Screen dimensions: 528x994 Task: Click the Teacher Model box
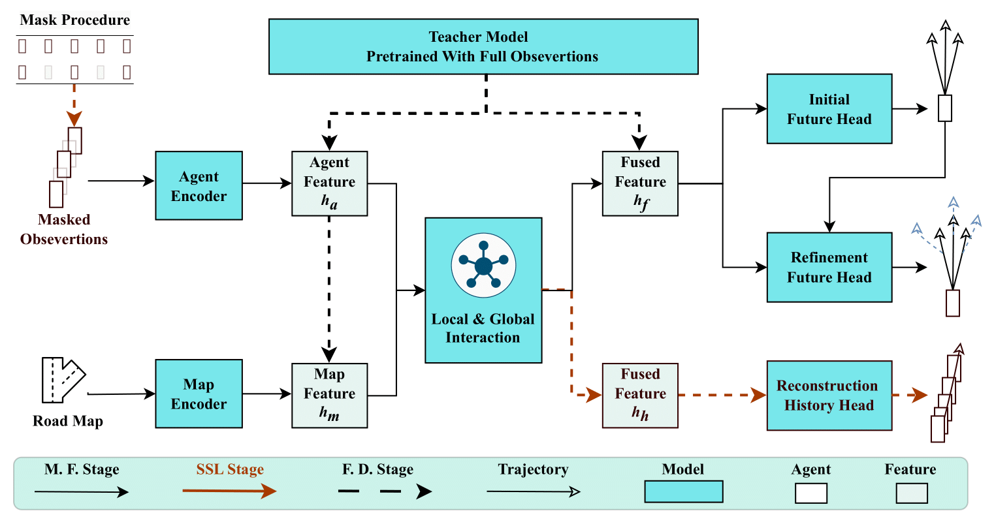pos(483,46)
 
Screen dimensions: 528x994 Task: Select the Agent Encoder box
pos(199,186)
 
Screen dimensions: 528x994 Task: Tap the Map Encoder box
pos(199,394)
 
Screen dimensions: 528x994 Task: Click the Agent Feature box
pos(329,183)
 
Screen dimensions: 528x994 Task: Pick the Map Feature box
pos(329,396)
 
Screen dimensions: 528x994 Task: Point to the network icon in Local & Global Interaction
pos(483,266)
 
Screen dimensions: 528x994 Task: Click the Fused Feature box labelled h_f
pos(640,183)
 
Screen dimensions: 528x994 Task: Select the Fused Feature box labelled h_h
pos(640,396)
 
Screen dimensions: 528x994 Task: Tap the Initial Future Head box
pos(829,109)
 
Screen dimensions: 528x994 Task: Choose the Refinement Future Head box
pos(829,267)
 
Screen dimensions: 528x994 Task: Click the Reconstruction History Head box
pos(829,396)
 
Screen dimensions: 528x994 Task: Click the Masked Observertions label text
pos(64,230)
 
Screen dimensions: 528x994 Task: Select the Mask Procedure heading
pos(74,20)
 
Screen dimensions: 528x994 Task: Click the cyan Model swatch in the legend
pos(683,491)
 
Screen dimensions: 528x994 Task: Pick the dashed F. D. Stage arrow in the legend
pos(385,491)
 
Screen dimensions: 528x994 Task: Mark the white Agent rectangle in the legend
pos(810,493)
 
